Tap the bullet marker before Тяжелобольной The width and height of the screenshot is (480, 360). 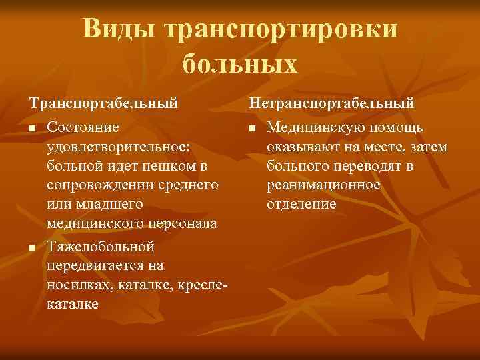[31, 248]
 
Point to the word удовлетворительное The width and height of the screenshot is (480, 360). [119, 146]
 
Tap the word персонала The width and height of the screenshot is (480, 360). [183, 222]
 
